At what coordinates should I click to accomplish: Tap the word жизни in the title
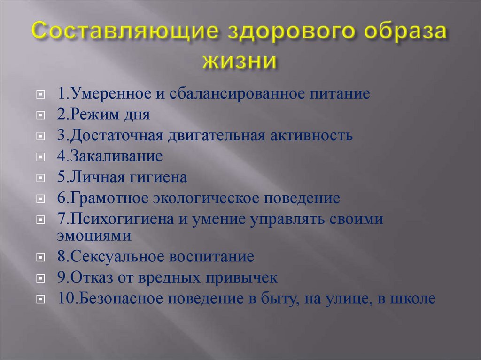[240, 61]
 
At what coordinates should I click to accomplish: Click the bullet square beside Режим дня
[41, 115]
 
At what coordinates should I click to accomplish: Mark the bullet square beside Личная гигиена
[41, 178]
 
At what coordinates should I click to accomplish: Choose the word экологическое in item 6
[200, 198]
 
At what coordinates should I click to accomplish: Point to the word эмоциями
[93, 235]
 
